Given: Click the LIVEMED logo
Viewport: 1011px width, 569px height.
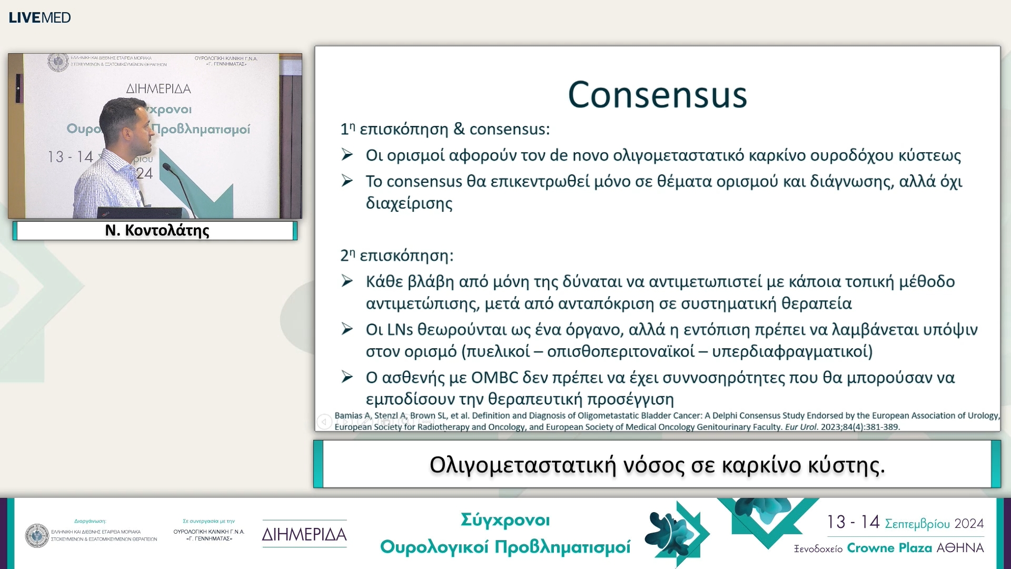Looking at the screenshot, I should click(x=39, y=17).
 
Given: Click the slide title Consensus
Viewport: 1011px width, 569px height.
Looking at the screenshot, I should click(x=657, y=95).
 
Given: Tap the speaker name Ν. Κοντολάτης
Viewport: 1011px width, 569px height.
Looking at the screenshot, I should click(x=157, y=230).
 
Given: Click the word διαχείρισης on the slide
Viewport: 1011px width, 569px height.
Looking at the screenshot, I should click(x=409, y=203).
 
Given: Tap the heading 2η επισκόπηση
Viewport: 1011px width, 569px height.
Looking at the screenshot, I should click(x=397, y=256).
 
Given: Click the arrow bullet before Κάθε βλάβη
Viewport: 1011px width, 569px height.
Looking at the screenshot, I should click(x=346, y=281).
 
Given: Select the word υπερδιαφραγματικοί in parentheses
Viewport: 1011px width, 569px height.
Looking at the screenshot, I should click(x=788, y=351).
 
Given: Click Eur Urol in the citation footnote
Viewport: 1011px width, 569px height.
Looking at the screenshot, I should click(x=801, y=427).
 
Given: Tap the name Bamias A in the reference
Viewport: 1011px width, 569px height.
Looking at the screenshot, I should click(x=352, y=416).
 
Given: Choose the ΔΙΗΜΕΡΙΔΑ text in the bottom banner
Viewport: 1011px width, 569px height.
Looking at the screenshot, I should click(x=304, y=535).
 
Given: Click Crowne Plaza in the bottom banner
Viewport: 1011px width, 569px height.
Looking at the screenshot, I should click(x=889, y=548).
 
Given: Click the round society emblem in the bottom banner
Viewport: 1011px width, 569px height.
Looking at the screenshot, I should click(x=37, y=535).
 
